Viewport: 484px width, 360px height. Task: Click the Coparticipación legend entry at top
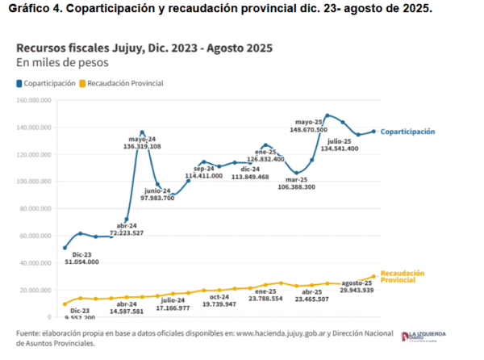pyautogui.click(x=49, y=83)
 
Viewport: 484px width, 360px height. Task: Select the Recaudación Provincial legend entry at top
pyautogui.click(x=125, y=83)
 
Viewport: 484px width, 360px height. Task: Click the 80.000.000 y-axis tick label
pyautogui.click(x=35, y=209)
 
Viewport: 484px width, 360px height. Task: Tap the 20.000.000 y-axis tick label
pyautogui.click(x=35, y=291)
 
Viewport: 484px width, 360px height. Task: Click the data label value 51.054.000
pyautogui.click(x=81, y=262)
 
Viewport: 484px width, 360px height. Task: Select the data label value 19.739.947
pyautogui.click(x=219, y=306)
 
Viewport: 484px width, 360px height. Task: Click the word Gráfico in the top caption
pyautogui.click(x=29, y=8)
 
